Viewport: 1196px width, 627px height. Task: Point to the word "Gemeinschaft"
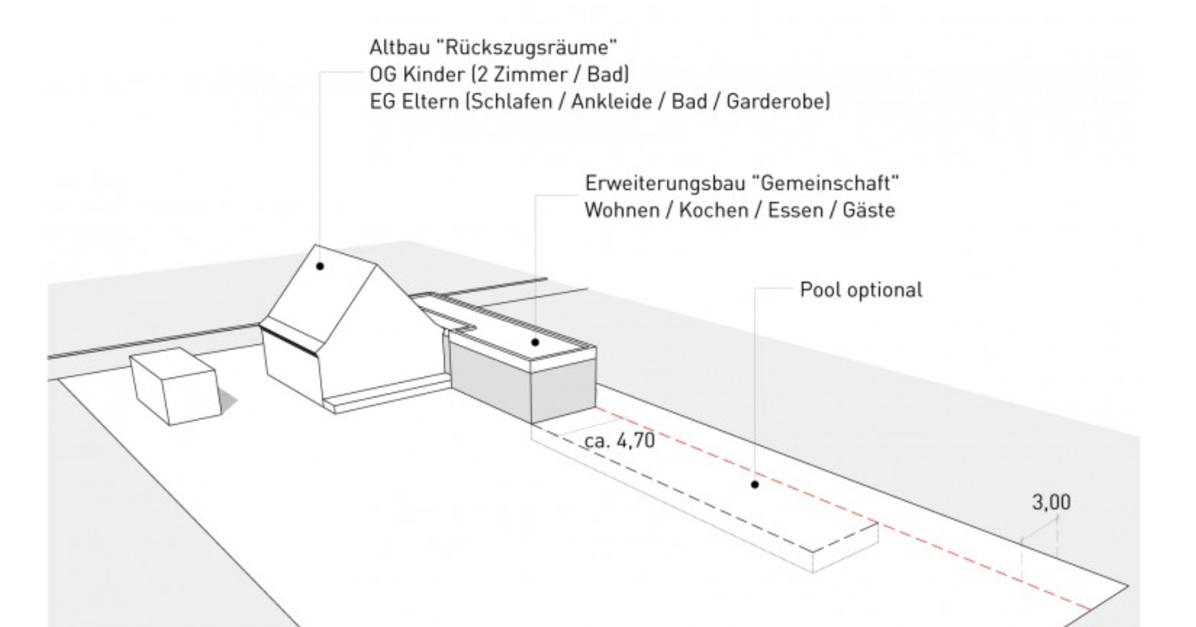[x=830, y=183]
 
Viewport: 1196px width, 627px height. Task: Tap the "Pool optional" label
[x=860, y=290]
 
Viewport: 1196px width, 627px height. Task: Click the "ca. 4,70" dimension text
[x=620, y=441]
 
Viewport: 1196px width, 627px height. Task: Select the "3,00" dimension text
[x=1051, y=503]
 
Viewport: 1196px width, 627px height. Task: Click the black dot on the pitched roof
[x=320, y=266]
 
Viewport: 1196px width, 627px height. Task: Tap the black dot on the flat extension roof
[x=535, y=342]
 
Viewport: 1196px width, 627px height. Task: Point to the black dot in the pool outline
[x=755, y=484]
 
